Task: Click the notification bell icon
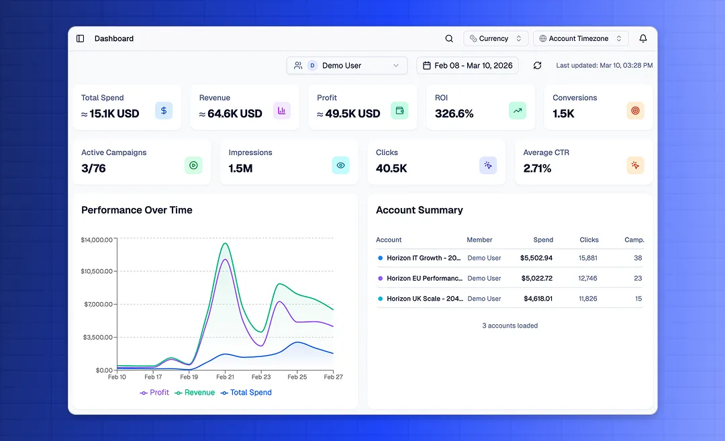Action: point(643,39)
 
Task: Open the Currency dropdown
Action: point(495,39)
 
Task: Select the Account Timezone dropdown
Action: point(581,39)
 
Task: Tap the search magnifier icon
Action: point(449,39)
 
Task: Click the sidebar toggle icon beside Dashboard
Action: point(81,39)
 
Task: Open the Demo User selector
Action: point(346,66)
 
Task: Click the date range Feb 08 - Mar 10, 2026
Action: point(467,66)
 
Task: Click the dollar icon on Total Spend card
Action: point(164,111)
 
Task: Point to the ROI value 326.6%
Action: point(454,114)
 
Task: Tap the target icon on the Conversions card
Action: point(635,111)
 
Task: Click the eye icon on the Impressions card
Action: point(340,165)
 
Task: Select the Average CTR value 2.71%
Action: point(537,168)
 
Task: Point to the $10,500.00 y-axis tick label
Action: point(97,272)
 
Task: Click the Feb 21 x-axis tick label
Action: point(226,377)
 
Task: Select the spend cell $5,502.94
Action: point(536,258)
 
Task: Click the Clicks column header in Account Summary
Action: point(589,240)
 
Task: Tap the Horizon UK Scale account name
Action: point(424,299)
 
